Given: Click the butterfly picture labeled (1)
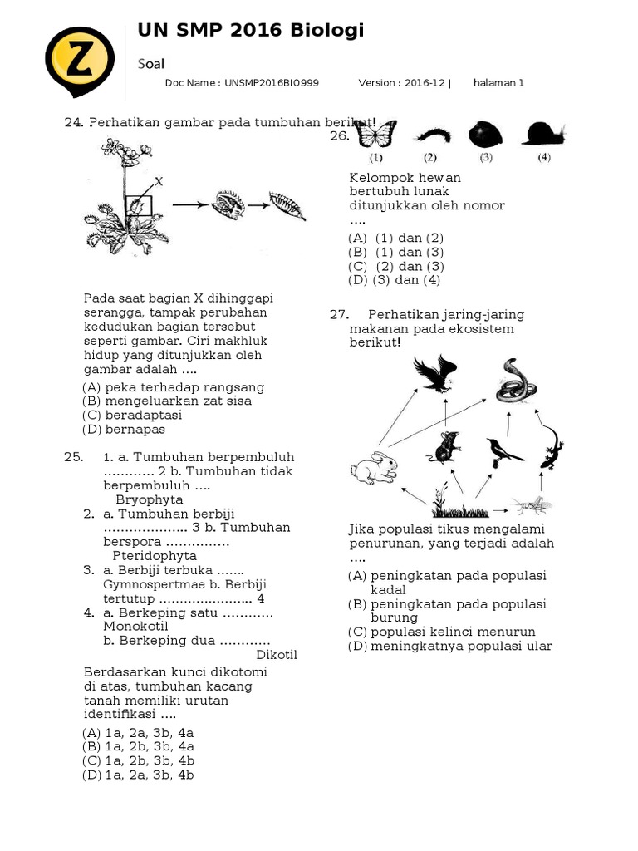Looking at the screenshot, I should click(375, 134).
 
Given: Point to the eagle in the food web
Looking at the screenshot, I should click(435, 373).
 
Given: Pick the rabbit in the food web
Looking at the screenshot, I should click(374, 467).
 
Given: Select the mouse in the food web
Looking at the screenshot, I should click(447, 446).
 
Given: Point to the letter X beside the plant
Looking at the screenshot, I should click(158, 180).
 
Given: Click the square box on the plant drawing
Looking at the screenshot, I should click(139, 205).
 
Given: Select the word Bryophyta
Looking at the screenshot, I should click(150, 500).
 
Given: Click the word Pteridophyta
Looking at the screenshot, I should click(155, 556).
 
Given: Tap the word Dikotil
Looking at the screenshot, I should click(277, 655).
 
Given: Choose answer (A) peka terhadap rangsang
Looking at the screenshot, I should click(173, 387).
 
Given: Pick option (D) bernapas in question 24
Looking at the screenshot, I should click(124, 430).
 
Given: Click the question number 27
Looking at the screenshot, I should click(338, 315).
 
